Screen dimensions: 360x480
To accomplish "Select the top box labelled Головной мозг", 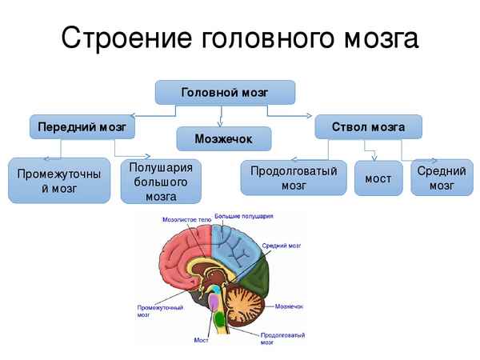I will click(x=225, y=93).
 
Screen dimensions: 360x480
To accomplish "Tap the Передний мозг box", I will click(x=82, y=126).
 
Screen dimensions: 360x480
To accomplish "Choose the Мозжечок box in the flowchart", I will click(x=223, y=138).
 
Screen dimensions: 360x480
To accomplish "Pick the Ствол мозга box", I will click(x=368, y=126).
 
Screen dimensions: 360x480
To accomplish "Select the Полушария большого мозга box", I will click(x=161, y=180).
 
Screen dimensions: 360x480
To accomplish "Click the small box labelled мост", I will click(x=378, y=178).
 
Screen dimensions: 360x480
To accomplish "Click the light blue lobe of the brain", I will click(x=236, y=248).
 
